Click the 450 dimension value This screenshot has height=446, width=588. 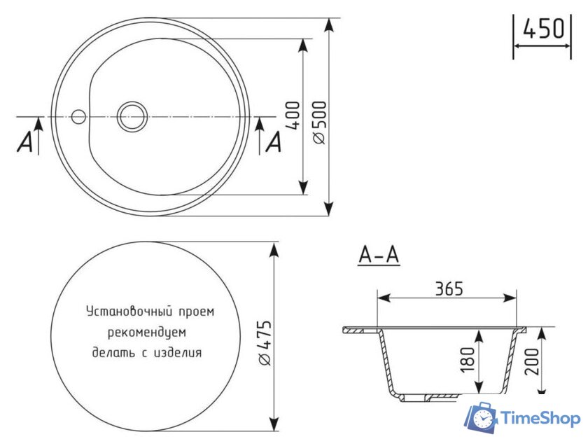click(543, 29)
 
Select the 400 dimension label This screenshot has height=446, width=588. click(293, 115)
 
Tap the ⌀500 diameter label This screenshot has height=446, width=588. click(319, 123)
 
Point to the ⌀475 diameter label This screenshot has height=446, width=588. click(264, 343)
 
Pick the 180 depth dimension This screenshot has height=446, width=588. click(468, 360)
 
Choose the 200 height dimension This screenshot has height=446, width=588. click(531, 361)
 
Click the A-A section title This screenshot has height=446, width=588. click(379, 255)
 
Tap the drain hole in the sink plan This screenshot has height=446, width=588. click(132, 117)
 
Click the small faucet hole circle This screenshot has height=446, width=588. click(78, 117)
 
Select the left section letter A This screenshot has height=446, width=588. click(25, 142)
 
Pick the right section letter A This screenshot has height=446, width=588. click(274, 142)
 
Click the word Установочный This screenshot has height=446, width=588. click(129, 312)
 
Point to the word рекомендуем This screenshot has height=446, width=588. click(146, 333)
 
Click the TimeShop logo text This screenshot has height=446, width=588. click(540, 418)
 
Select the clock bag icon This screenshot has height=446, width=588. click(482, 417)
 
